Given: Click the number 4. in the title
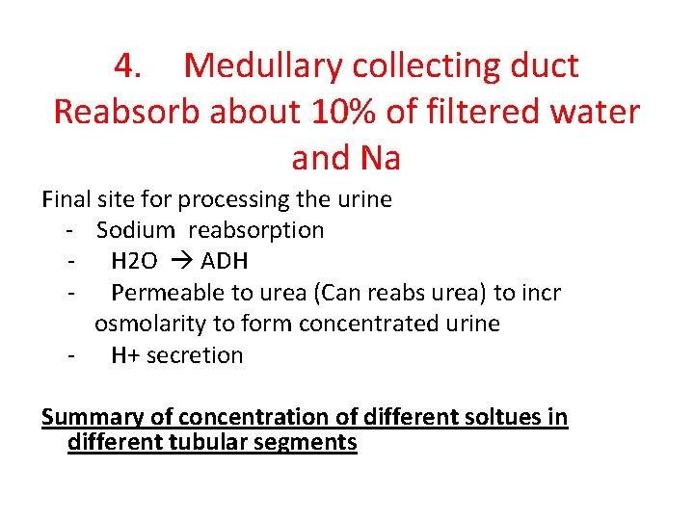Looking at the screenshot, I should (x=129, y=66).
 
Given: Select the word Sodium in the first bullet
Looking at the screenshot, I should (x=136, y=230).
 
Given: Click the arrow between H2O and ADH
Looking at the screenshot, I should (x=183, y=262).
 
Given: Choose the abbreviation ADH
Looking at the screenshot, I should (x=224, y=262).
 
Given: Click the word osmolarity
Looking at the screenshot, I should (x=144, y=324).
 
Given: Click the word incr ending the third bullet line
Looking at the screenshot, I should (x=539, y=293).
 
